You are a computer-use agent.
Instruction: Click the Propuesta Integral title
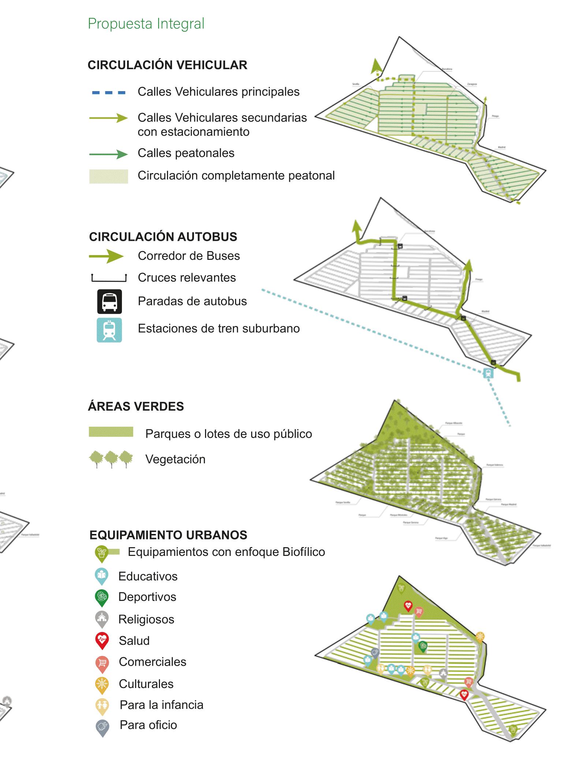[146, 24]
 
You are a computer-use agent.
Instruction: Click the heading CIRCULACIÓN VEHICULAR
[167, 65]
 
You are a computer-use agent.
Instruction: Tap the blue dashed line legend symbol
[109, 93]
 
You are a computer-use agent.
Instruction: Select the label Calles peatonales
[186, 153]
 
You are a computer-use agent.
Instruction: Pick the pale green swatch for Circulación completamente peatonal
[109, 176]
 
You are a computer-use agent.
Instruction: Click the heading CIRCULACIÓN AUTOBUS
[163, 237]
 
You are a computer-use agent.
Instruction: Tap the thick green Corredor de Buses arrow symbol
[107, 256]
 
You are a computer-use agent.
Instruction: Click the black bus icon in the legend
[109, 302]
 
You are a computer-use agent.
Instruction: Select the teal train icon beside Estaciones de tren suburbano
[109, 330]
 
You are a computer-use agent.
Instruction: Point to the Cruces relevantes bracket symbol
[109, 278]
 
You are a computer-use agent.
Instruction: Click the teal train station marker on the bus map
[488, 373]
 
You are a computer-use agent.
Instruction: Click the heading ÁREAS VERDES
[136, 407]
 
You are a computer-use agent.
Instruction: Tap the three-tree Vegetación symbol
[111, 459]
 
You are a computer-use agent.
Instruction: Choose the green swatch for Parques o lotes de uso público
[111, 432]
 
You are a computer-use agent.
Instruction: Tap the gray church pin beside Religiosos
[102, 618]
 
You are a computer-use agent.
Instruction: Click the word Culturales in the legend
[146, 684]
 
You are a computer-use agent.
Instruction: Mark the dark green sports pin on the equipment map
[423, 647]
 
